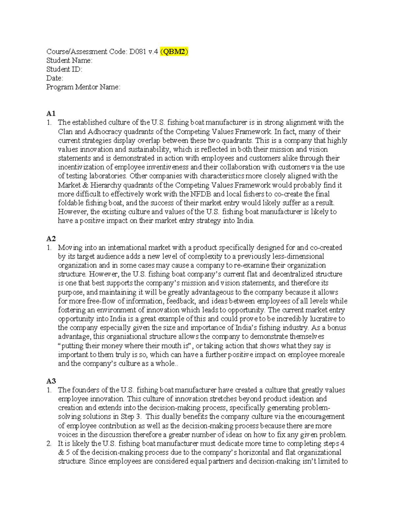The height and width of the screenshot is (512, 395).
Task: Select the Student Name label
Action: pos(69,61)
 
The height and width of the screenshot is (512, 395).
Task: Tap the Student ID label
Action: pos(64,70)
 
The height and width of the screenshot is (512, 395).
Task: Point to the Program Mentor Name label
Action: pos(83,87)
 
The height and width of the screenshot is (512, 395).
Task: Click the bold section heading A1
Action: pos(51,114)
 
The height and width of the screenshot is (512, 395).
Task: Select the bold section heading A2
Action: pos(51,239)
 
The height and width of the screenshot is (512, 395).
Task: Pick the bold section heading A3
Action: pos(51,381)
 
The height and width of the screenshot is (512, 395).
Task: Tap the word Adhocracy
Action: pos(106,132)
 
